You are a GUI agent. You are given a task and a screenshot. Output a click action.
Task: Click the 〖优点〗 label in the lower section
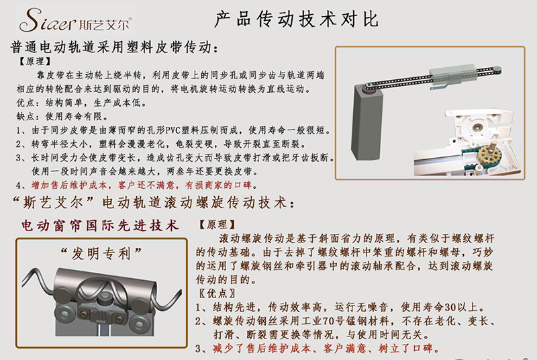point(217,294)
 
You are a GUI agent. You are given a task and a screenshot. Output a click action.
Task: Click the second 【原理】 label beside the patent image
point(217,224)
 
